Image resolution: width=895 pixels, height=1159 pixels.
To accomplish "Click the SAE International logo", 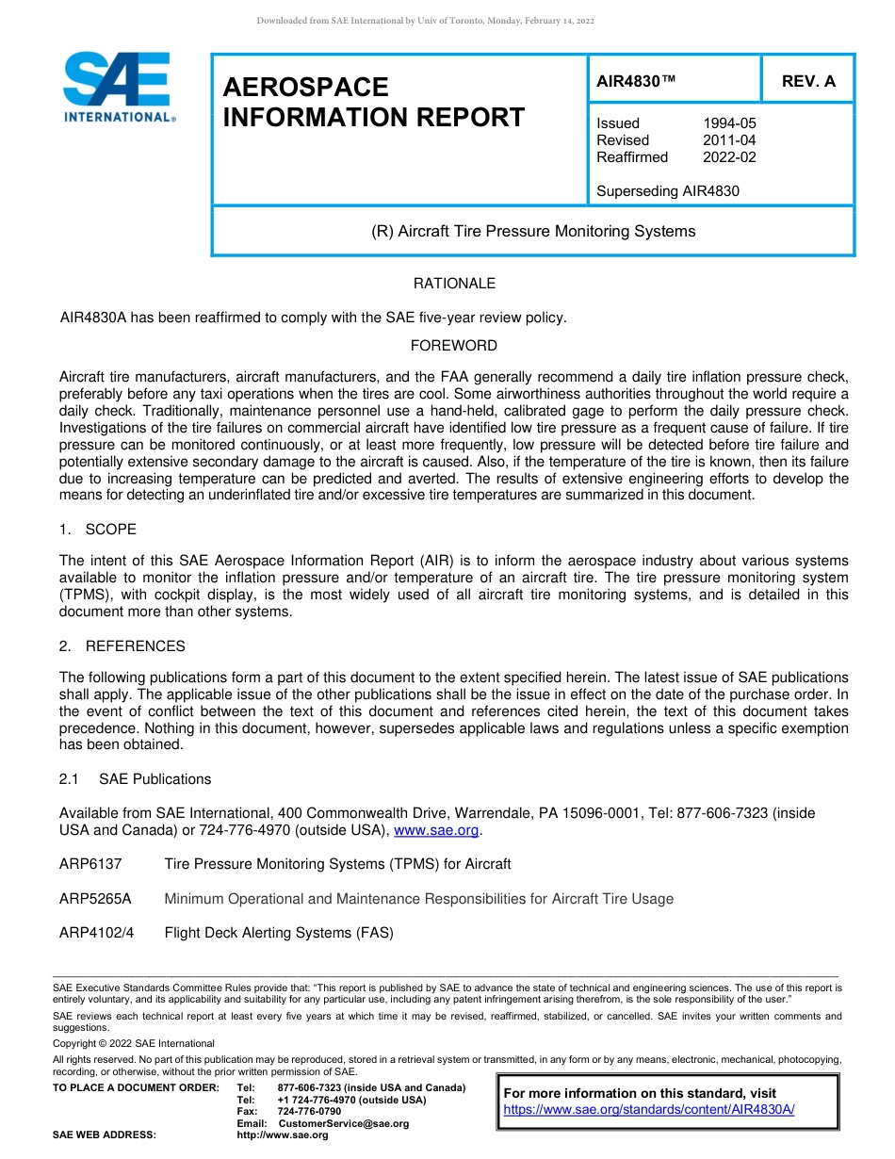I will [118, 86].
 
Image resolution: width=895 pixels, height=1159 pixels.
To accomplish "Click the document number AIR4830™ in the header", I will [637, 81].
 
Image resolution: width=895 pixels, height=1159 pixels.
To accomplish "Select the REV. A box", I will [808, 81].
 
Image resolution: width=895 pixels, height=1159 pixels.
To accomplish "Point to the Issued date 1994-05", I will [729, 123].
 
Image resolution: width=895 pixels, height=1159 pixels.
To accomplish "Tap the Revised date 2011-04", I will [729, 140].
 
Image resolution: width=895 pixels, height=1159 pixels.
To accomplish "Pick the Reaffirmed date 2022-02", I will [729, 157].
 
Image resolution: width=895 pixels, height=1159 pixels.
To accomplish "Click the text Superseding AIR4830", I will [668, 191].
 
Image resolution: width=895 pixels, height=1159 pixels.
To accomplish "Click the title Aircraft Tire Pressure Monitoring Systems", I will [533, 231].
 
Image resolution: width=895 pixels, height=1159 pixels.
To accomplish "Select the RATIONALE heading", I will [454, 284].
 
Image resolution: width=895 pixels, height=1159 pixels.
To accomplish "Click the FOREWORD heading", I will [454, 346].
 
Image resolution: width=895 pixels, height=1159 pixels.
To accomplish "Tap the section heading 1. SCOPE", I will [98, 530].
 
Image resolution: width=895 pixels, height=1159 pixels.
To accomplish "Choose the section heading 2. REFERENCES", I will [122, 646].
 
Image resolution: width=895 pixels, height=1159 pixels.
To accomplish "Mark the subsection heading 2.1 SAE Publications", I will [136, 779].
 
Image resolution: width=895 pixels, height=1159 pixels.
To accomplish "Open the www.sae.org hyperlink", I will [436, 830].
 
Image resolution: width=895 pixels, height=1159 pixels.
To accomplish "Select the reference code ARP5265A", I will [95, 899].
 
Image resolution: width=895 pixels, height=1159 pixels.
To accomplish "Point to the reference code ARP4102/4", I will [96, 933].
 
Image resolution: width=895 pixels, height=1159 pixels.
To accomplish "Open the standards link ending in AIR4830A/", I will [649, 1110].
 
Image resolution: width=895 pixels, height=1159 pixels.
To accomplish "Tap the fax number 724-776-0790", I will [309, 1112].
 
